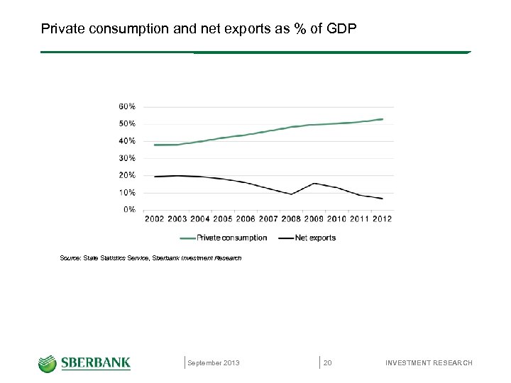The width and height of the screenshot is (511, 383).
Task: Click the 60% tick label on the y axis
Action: point(127,106)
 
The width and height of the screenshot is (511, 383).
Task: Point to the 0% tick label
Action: point(130,209)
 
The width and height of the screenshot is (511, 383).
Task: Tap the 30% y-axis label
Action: point(127,158)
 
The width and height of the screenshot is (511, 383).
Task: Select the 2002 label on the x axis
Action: point(155,219)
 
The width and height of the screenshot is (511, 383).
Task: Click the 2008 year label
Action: point(291,219)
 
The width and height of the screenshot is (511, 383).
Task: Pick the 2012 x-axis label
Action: point(381,219)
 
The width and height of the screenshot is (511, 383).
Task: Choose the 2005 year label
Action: point(223,219)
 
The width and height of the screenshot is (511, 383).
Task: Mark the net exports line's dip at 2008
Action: point(291,194)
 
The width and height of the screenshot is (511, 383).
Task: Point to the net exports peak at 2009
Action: point(314,183)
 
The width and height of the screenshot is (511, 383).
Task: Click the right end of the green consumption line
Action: point(383,119)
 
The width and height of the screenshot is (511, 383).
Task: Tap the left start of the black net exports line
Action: point(155,177)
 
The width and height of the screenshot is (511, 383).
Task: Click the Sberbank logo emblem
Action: point(48,363)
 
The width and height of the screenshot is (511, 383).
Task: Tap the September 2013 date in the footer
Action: point(214,363)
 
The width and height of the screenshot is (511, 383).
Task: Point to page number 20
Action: point(328,363)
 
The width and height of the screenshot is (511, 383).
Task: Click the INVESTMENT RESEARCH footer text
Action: point(429,363)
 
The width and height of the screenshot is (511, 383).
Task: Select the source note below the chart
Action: point(150,258)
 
